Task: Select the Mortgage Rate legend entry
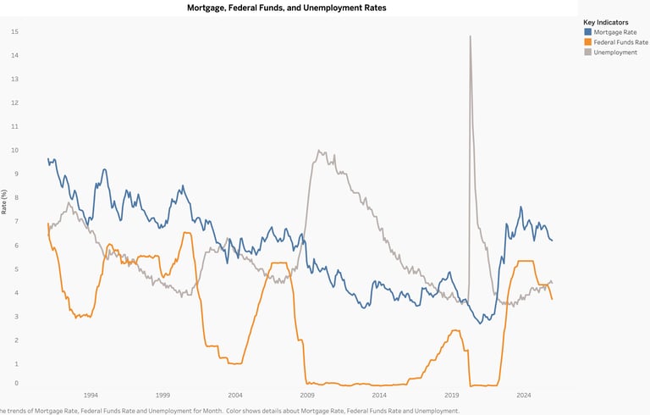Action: click(x=614, y=32)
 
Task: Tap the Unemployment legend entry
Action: click(x=615, y=53)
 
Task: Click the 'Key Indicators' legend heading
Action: click(x=605, y=22)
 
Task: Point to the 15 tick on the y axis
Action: click(x=14, y=31)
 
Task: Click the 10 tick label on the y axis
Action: click(x=14, y=150)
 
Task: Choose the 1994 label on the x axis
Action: click(x=91, y=396)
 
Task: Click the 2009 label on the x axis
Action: click(x=307, y=396)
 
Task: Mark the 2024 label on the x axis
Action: click(x=524, y=396)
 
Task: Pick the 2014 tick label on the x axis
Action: click(x=379, y=396)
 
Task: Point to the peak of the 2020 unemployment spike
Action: click(x=470, y=36)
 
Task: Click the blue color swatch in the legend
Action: click(x=588, y=32)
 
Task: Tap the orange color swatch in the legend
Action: click(x=588, y=42)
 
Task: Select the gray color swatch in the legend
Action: click(x=588, y=53)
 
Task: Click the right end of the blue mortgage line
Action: click(x=553, y=241)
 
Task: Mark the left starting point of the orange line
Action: click(x=47, y=224)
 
